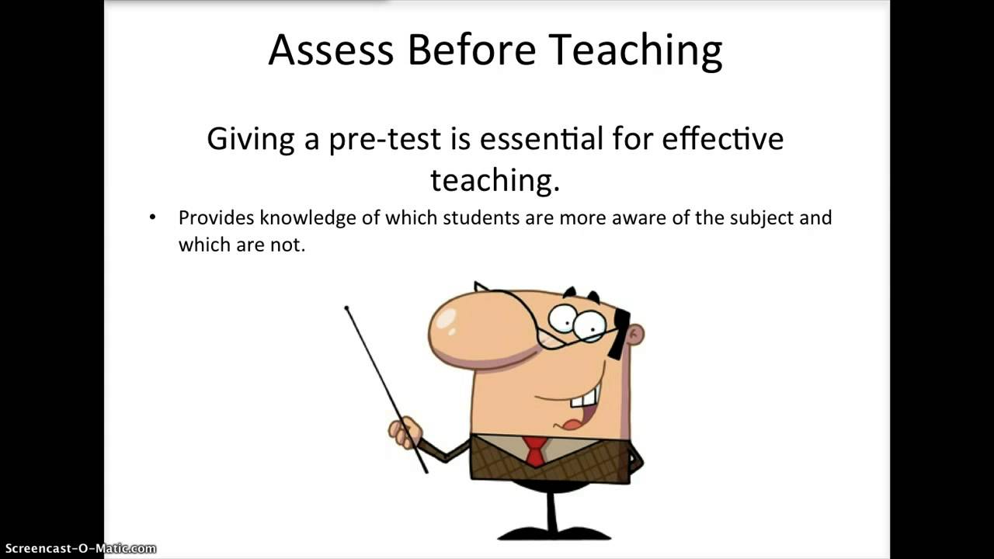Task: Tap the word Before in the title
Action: pos(471,50)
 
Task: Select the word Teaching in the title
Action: pos(635,51)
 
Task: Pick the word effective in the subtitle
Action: pos(722,139)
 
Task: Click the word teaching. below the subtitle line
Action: pos(495,180)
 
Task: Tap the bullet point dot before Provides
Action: pos(152,217)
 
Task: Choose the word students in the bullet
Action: pos(481,217)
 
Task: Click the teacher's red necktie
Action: pos(535,450)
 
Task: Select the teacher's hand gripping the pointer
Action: pos(405,431)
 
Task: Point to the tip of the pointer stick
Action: pos(346,308)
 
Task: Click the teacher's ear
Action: pos(636,335)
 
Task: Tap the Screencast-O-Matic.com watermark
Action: pos(78,549)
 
